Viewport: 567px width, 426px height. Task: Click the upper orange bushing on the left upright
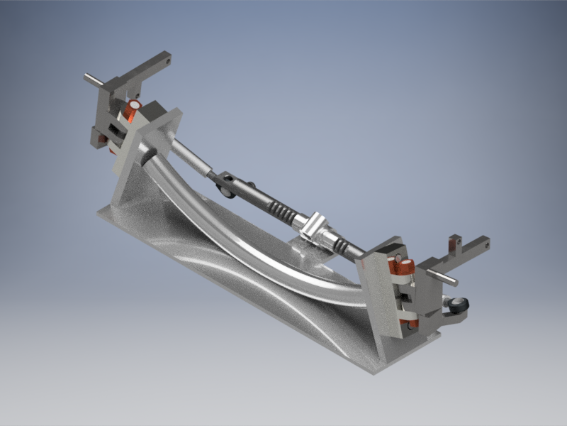[x=133, y=110]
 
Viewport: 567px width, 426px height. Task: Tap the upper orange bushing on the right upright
[x=405, y=267]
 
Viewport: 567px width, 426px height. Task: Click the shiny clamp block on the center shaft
[x=316, y=226]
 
